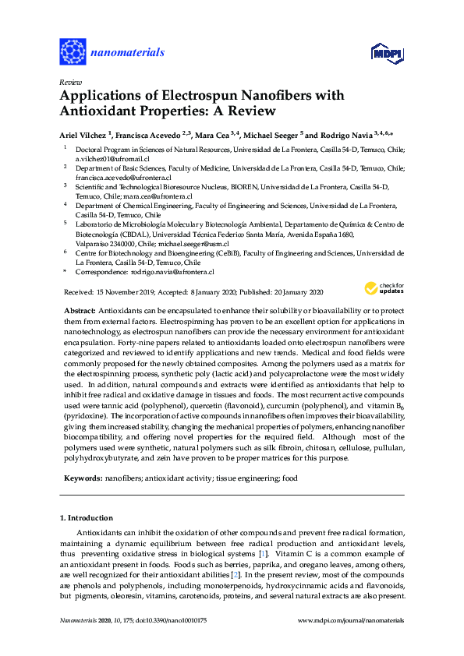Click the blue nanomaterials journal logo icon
73,51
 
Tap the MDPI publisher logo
385,53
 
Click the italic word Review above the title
70,82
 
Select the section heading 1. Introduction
86,518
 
